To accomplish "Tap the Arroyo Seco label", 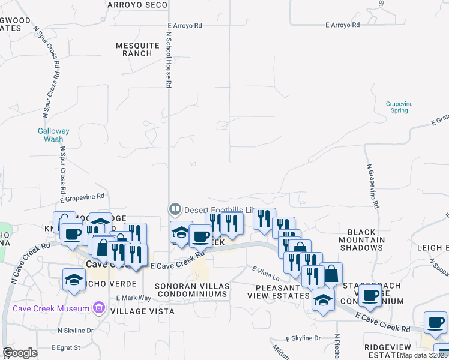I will pos(137,5).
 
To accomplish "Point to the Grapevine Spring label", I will pos(399,107).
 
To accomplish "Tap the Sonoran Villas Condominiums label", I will pos(191,290).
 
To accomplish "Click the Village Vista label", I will pos(142,311).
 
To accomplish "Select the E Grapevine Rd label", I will pos(82,196).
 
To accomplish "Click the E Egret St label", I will pos(66,347).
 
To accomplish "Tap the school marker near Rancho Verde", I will pos(74,279).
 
